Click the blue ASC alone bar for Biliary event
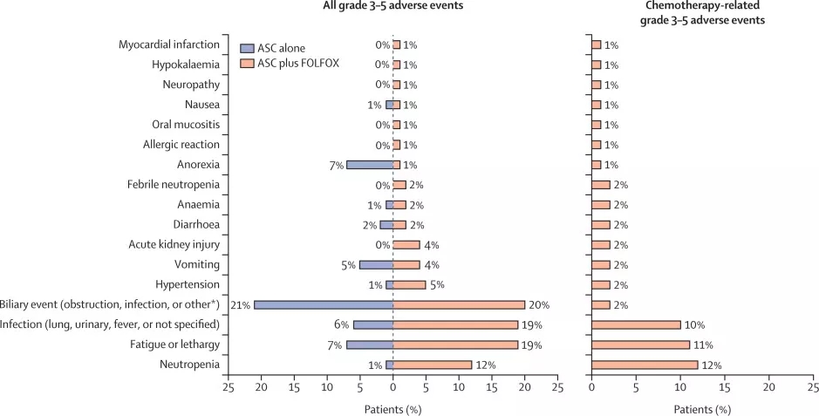click(323, 304)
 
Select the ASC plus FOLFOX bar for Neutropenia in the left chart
click(433, 365)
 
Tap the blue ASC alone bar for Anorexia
click(369, 165)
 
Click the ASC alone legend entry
click(280, 47)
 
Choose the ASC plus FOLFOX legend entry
click(290, 63)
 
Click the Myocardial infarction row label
click(168, 44)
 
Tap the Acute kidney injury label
click(174, 245)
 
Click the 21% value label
click(241, 305)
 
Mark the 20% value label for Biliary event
click(539, 305)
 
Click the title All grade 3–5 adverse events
click(393, 7)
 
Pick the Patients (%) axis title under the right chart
click(702, 407)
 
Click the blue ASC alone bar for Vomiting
click(376, 265)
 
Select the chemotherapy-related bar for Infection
click(636, 324)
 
